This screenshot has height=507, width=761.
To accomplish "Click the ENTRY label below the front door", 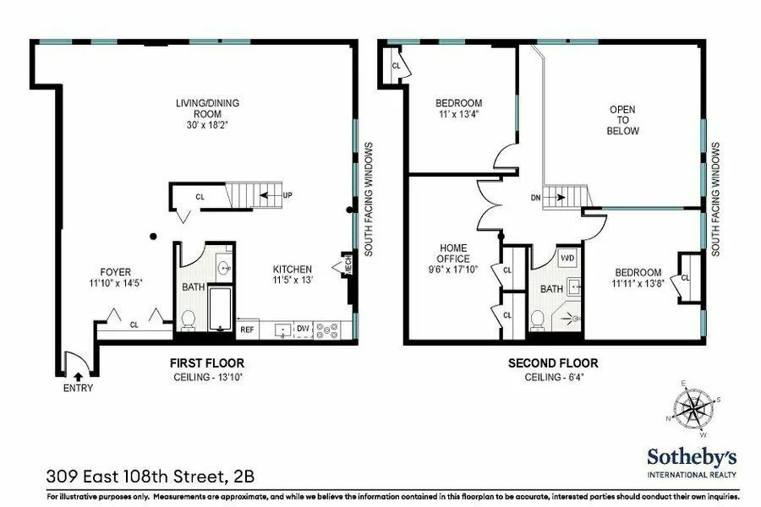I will point(78,388).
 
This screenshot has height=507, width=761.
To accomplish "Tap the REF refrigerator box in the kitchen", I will point(248,330).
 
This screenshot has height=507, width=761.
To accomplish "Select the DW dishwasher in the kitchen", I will point(304,329).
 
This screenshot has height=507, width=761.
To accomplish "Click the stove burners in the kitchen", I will point(327,330).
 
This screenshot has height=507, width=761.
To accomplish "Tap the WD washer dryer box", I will point(567,257).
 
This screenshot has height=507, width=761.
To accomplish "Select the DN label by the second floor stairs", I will point(536,198).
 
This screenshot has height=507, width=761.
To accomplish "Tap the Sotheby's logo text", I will point(692,457).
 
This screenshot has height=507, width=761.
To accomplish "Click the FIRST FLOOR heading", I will point(207,363).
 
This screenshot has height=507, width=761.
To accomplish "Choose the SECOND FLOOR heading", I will point(553,363).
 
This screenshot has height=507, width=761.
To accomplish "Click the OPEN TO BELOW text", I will point(623,120).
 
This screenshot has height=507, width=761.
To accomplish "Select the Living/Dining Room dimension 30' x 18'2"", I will point(207,124).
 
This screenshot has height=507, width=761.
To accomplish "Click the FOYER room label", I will point(116,272).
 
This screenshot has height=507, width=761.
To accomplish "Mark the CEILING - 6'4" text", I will point(553,377).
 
